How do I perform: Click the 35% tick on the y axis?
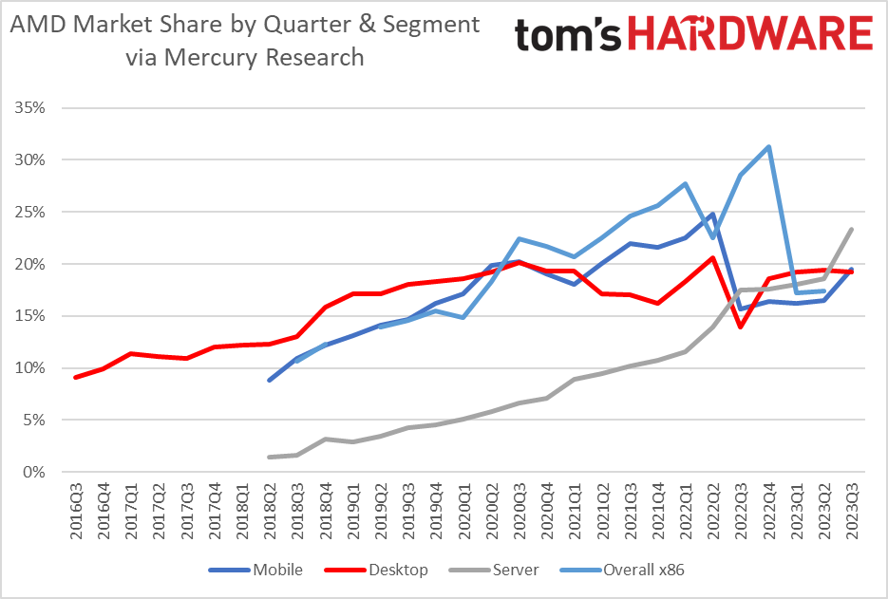point(30,108)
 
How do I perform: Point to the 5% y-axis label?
point(34,420)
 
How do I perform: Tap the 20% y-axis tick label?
point(30,264)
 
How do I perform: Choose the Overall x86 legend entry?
point(649,570)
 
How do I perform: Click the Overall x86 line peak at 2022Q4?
point(767,147)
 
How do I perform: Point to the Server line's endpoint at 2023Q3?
point(851,229)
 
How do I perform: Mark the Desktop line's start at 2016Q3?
point(75,377)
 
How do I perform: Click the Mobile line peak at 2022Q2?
point(711,215)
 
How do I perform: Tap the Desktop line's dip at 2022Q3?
point(740,327)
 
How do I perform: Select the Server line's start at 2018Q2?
point(270,457)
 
